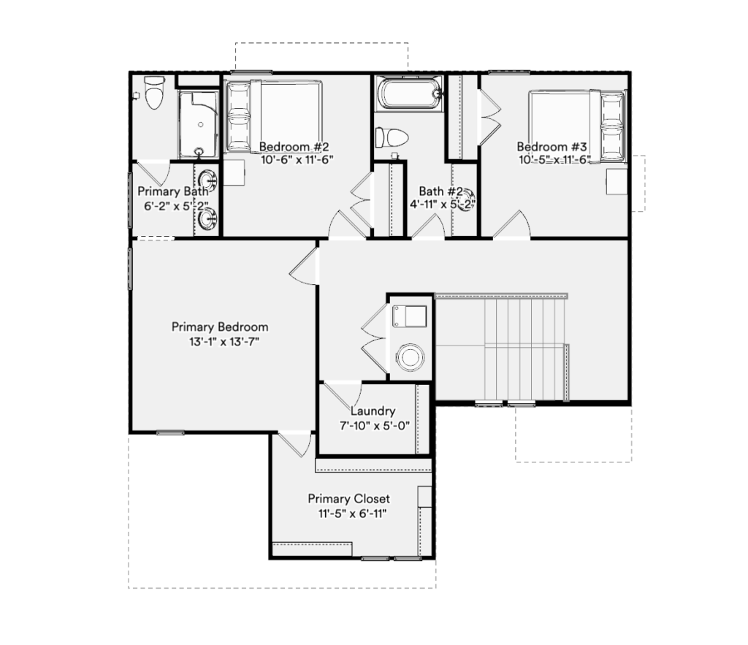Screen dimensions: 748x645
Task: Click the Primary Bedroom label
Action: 220,327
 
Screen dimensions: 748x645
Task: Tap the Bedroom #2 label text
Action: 294,147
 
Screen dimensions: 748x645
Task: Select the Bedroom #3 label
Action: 552,147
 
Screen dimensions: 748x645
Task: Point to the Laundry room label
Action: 373,411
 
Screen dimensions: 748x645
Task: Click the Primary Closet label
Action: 348,498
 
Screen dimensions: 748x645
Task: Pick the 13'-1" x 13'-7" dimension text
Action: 224,342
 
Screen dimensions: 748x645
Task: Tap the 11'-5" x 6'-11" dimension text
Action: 352,514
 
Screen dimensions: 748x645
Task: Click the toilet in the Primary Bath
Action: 154,92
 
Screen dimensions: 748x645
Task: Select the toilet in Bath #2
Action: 392,137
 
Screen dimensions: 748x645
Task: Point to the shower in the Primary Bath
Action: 199,124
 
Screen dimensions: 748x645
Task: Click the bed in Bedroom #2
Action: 273,117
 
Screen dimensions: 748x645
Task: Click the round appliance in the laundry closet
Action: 410,357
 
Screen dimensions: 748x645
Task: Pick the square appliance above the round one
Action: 409,316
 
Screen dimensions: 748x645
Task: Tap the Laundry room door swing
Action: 343,396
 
